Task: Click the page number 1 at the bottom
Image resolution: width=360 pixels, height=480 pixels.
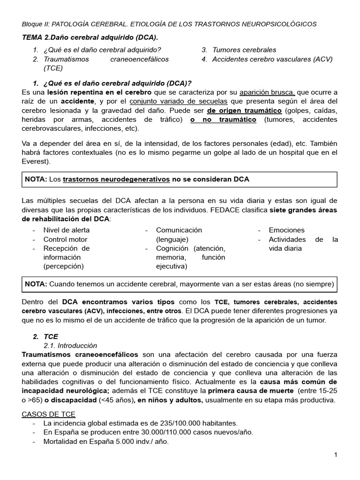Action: tap(336, 455)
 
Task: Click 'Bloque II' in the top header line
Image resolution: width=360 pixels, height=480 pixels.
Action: tap(35, 24)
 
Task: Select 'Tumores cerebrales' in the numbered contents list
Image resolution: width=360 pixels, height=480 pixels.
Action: tap(244, 50)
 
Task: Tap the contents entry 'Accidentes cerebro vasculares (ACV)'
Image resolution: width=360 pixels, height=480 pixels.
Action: tap(272, 59)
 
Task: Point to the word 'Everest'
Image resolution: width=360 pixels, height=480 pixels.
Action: tap(34, 161)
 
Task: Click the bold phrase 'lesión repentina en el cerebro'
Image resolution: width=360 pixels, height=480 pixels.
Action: tap(95, 92)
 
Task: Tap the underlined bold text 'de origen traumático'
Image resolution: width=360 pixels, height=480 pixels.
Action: tap(244, 111)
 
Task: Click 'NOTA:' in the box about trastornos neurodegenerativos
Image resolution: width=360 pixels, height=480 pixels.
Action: tap(36, 180)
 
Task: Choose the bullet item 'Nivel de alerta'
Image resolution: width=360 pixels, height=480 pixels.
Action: tap(67, 230)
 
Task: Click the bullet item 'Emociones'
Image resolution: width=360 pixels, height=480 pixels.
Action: tap(286, 230)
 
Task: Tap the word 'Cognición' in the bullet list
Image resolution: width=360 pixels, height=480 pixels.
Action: tap(172, 248)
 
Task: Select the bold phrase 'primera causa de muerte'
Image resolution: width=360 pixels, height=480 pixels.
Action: tap(251, 391)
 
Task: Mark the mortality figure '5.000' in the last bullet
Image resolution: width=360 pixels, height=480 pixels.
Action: tap(119, 442)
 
